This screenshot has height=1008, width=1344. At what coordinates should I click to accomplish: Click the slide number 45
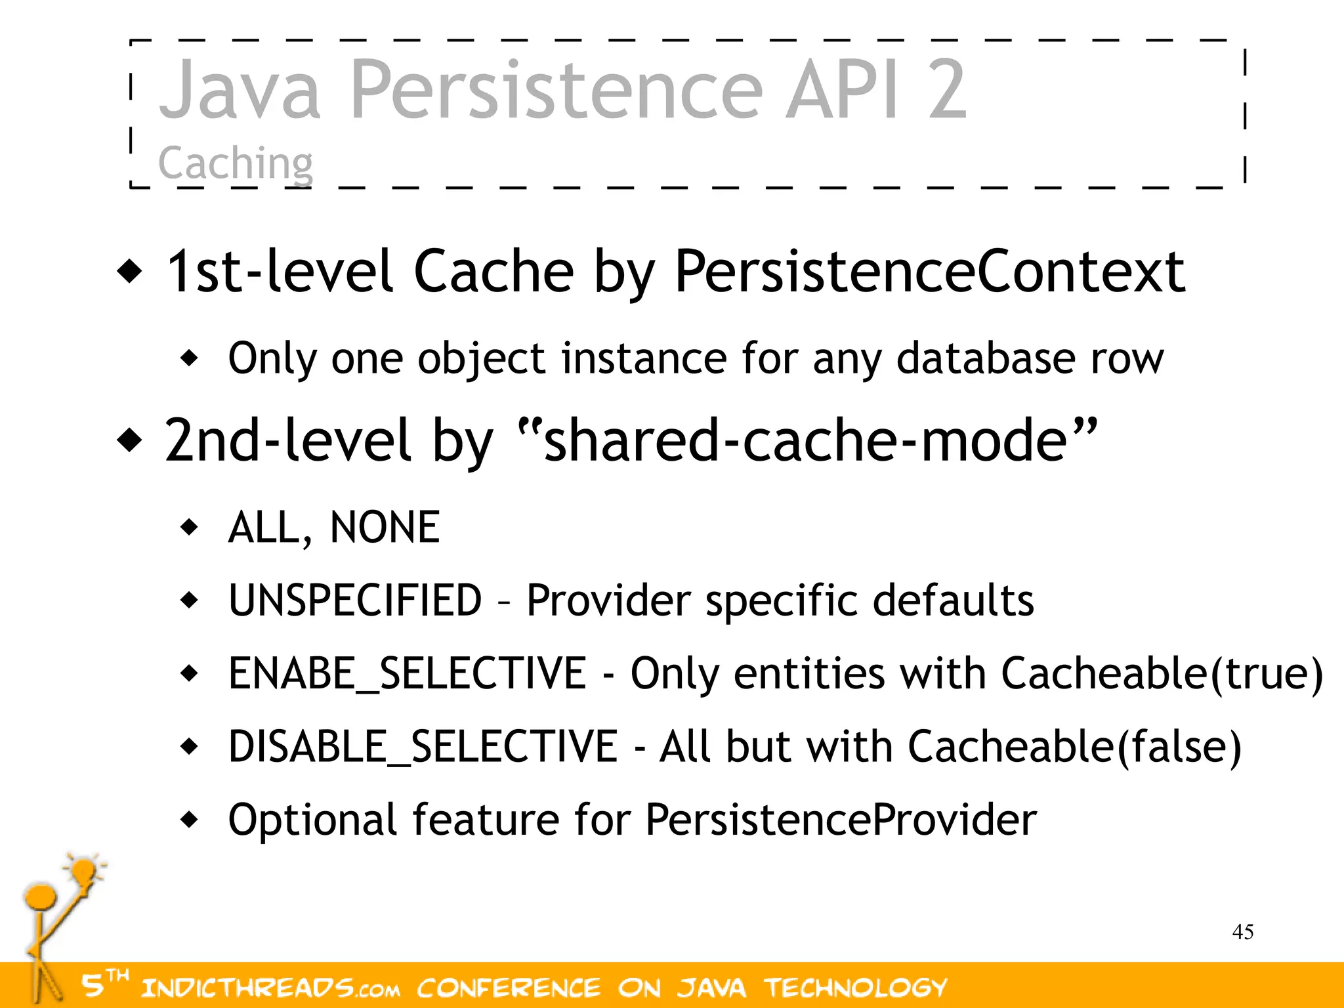click(1243, 932)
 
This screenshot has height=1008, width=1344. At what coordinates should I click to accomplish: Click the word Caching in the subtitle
click(236, 163)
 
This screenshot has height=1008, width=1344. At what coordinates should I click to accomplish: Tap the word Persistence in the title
click(557, 89)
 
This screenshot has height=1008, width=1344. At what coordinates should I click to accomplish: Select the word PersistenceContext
click(930, 271)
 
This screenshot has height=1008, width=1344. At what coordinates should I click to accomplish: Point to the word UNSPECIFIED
click(355, 600)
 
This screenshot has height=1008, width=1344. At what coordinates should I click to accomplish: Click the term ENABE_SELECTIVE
click(407, 673)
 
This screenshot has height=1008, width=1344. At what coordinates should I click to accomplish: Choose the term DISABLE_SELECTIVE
click(423, 746)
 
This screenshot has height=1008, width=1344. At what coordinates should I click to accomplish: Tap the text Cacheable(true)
click(1162, 673)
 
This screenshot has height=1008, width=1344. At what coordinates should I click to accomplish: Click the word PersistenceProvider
click(841, 820)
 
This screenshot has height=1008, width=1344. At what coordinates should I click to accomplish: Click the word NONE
click(385, 527)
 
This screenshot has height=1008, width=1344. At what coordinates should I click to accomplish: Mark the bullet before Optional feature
click(190, 820)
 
